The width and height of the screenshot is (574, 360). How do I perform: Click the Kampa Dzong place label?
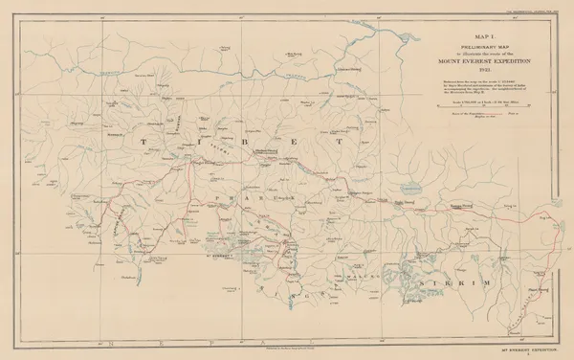pyautogui.click(x=463, y=204)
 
